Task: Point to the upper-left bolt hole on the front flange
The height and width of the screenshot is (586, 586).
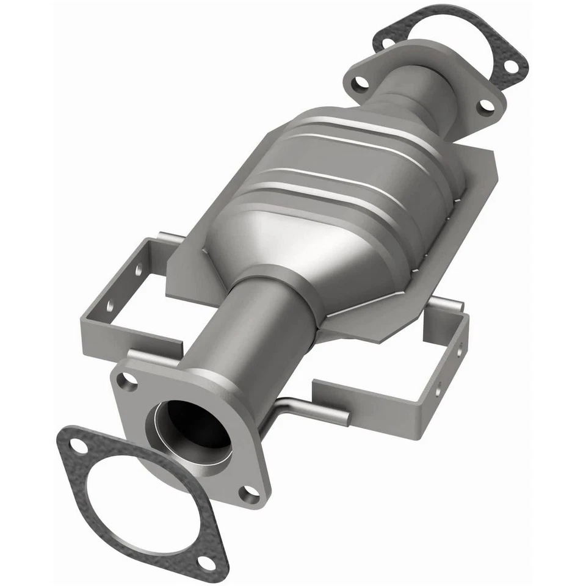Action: [128, 382]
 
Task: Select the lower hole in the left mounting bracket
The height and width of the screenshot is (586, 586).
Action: [110, 305]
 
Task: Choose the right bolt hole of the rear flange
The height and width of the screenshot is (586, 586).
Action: [486, 105]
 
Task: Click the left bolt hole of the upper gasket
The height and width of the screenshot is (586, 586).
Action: [387, 43]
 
